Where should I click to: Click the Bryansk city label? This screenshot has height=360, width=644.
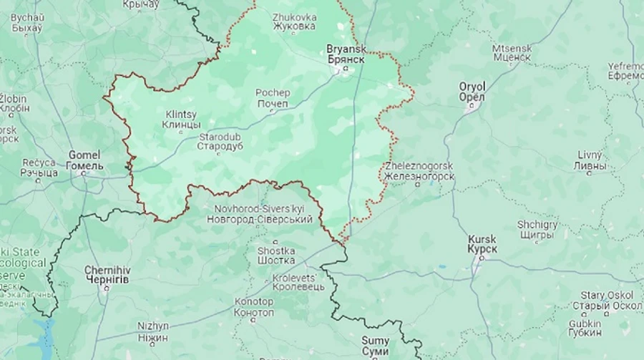(x=346, y=54)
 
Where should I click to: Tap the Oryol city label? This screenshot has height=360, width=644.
(x=472, y=92)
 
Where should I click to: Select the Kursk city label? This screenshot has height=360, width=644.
(x=482, y=243)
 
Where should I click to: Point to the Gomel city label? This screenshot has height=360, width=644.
(x=84, y=160)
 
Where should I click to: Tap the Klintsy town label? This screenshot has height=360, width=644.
(x=182, y=120)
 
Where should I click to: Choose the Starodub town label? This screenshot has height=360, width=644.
(x=220, y=141)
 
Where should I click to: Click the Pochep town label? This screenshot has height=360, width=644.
(x=273, y=98)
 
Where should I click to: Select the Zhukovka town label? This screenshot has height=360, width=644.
(x=294, y=21)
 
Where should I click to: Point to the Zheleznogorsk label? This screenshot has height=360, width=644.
(x=419, y=170)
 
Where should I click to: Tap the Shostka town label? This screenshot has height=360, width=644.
(x=276, y=256)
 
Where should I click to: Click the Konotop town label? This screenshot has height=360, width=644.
(x=254, y=307)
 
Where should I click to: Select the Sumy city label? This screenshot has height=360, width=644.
(x=375, y=346)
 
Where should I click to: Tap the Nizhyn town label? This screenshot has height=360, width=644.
(x=153, y=331)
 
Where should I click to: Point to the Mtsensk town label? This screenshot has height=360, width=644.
(x=512, y=52)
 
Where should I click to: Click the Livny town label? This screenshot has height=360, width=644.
(x=592, y=161)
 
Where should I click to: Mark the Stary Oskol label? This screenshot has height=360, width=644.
(x=602, y=301)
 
